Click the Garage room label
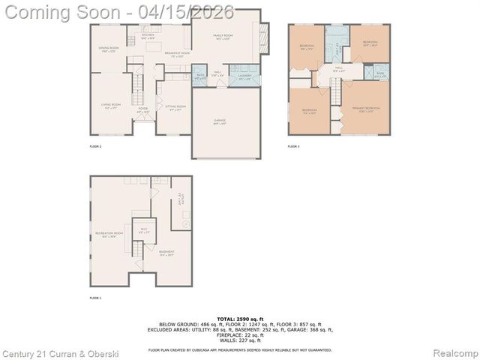coord(219,121)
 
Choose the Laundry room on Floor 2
coord(244,76)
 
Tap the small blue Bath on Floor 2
coord(200,76)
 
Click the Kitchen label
coord(148,36)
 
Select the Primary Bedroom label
coord(366,109)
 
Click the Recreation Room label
coord(105,235)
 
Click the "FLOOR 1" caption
coord(94,298)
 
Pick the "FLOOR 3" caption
coord(293,147)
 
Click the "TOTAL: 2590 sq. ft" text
coord(239,319)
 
